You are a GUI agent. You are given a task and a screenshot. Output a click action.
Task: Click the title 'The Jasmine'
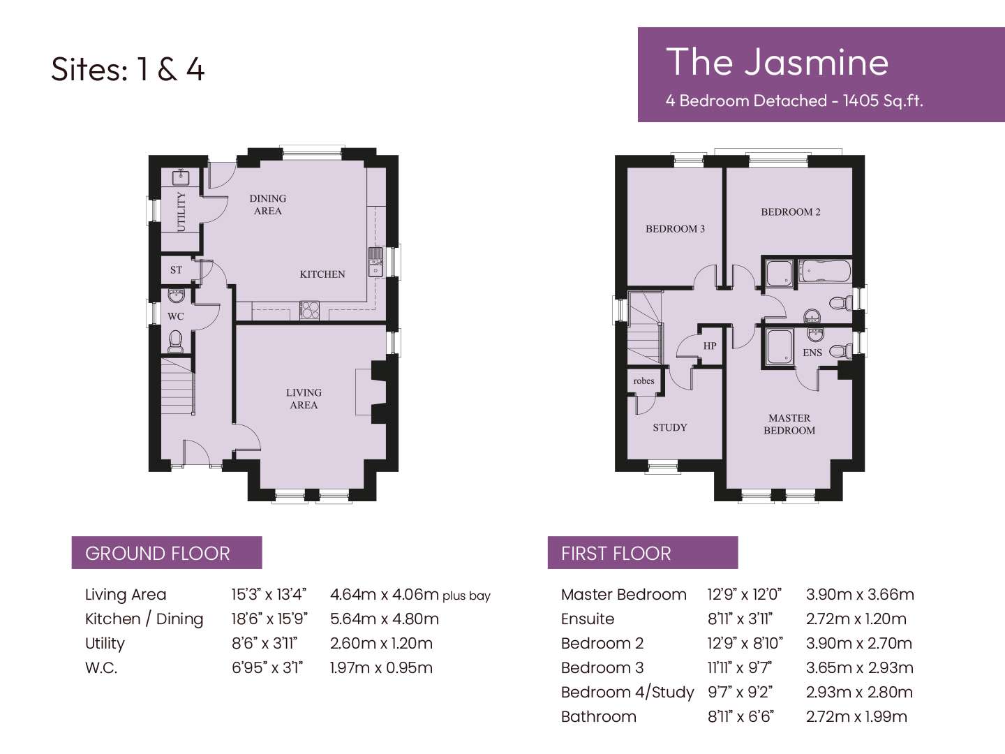click(x=777, y=62)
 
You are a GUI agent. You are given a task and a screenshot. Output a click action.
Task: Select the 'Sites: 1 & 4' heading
click(x=128, y=70)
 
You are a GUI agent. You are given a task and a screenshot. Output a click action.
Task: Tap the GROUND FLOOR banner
click(x=167, y=553)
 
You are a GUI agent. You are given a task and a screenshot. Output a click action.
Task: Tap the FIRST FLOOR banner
click(x=642, y=553)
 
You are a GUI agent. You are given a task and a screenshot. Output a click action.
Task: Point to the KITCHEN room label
click(x=322, y=274)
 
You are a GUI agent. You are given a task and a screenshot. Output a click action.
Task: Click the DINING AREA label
click(x=268, y=205)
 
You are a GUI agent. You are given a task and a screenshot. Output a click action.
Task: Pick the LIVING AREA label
click(x=304, y=399)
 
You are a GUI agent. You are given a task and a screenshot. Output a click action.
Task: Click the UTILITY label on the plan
click(x=181, y=212)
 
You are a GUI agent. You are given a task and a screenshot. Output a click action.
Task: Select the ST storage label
click(x=176, y=269)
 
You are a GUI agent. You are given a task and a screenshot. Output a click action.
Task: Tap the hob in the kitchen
click(x=309, y=310)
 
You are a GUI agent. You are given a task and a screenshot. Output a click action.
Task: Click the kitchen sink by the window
click(x=375, y=262)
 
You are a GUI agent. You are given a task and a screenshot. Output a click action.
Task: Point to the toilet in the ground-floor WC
click(x=175, y=341)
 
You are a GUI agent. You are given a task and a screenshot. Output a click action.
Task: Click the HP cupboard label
click(x=710, y=346)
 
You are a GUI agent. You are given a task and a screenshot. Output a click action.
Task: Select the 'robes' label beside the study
click(x=643, y=381)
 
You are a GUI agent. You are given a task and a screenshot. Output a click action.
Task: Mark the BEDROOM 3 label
click(x=676, y=229)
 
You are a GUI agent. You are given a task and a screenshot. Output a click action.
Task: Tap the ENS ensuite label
click(x=812, y=353)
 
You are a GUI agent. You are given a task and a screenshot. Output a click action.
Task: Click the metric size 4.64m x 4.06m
click(x=385, y=594)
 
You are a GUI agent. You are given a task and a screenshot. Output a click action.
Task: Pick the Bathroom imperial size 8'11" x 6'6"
click(x=740, y=716)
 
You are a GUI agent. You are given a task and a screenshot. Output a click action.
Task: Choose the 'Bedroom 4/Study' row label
click(x=627, y=692)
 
